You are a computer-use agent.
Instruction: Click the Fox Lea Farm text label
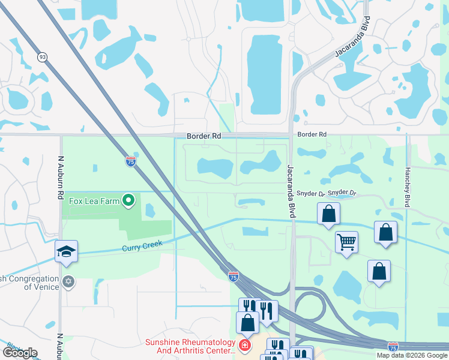[95, 201]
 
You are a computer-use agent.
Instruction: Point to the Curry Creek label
[142, 247]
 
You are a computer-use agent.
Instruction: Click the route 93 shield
[42, 57]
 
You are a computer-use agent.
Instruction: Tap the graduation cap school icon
[66, 253]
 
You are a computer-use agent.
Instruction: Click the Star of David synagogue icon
[68, 281]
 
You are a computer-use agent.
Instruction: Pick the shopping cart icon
[346, 242]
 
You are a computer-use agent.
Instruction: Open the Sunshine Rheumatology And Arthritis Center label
[190, 346]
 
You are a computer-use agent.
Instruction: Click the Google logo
[20, 353]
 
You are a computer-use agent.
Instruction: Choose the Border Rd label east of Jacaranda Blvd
[312, 134]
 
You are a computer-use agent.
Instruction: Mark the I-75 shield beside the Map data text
[393, 347]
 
